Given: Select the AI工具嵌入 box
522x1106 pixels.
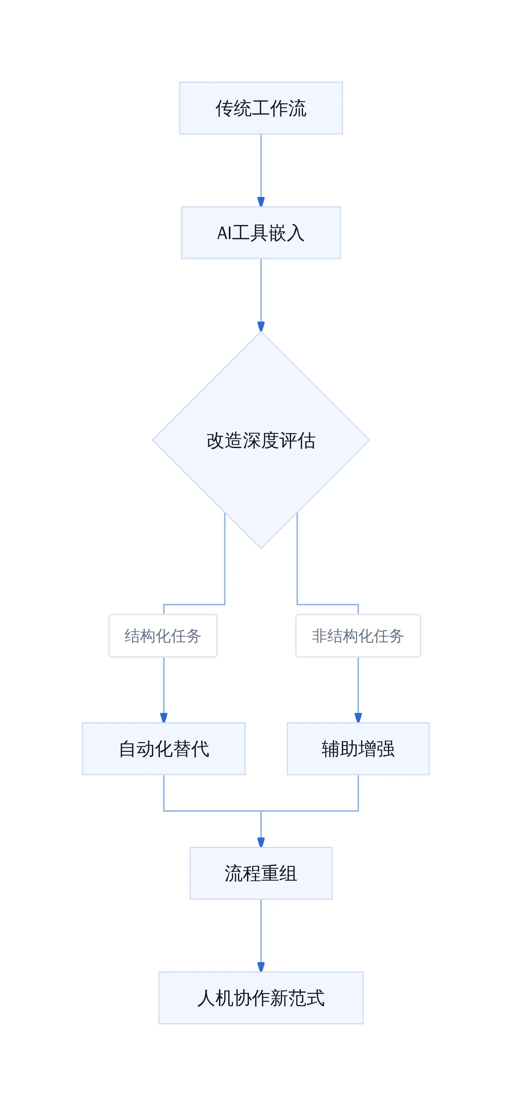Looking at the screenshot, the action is coord(261,233).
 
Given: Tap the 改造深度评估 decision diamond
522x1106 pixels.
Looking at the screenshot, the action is coord(261,440).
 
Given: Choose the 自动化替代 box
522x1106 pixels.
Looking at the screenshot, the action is coord(164,749).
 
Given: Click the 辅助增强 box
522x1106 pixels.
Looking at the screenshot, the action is coord(358,749).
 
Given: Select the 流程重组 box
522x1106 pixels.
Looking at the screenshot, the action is coord(261,873).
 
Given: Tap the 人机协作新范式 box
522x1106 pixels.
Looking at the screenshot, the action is coord(261,998).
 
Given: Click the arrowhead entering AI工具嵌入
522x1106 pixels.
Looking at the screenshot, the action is coord(261,202).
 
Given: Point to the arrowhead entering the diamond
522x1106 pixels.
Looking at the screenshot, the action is coord(261,326).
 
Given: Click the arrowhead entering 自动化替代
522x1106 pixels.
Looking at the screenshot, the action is coord(164,718).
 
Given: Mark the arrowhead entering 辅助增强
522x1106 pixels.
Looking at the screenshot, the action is coord(358,718).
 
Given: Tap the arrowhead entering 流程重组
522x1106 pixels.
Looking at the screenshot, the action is coord(261,842).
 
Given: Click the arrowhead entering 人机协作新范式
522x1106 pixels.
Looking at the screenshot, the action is coord(261,967).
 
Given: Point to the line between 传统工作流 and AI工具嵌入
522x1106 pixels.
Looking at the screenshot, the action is coord(261,166).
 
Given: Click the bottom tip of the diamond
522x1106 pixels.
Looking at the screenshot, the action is coord(261,549).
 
